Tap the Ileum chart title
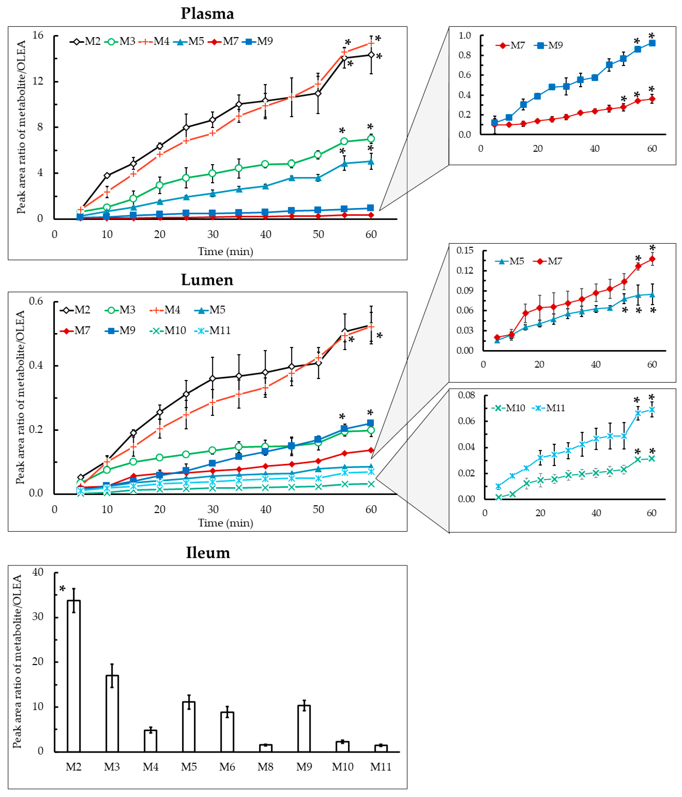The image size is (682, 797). click(208, 553)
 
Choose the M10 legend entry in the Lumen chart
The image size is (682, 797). click(168, 330)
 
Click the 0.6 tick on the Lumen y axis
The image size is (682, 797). click(36, 301)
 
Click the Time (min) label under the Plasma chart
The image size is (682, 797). click(226, 252)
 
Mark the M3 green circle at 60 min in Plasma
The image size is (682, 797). click(371, 139)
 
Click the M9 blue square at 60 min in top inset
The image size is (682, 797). click(652, 43)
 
